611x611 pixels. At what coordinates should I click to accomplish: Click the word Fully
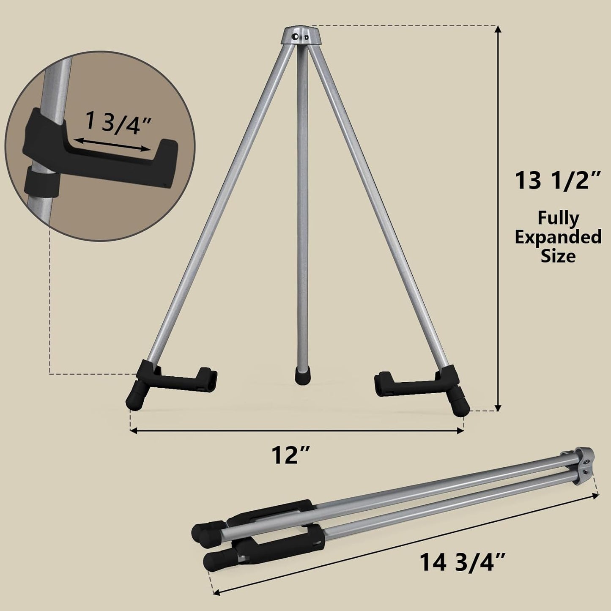coord(558,218)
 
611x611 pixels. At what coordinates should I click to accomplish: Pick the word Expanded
coord(558,237)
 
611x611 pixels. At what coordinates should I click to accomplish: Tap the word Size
coord(558,256)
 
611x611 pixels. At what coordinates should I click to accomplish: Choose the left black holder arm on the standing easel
coord(182,379)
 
